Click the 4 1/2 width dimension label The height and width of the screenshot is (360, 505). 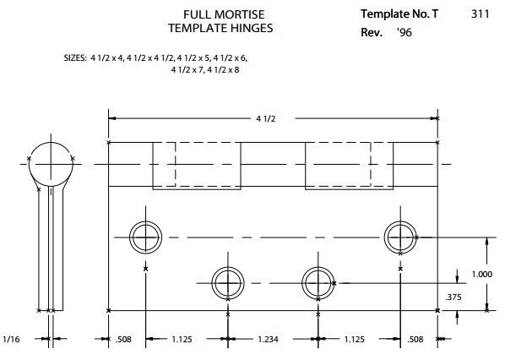coord(266,119)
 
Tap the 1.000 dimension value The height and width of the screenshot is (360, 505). coord(482,275)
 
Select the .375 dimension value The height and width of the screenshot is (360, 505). coord(453,297)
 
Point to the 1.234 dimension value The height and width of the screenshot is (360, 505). coord(268,340)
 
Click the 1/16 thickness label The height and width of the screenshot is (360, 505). coord(11,339)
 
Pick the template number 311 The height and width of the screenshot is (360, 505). coord(481,14)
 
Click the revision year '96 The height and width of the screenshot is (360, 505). coord(405,32)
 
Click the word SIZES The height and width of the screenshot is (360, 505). coord(75,58)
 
